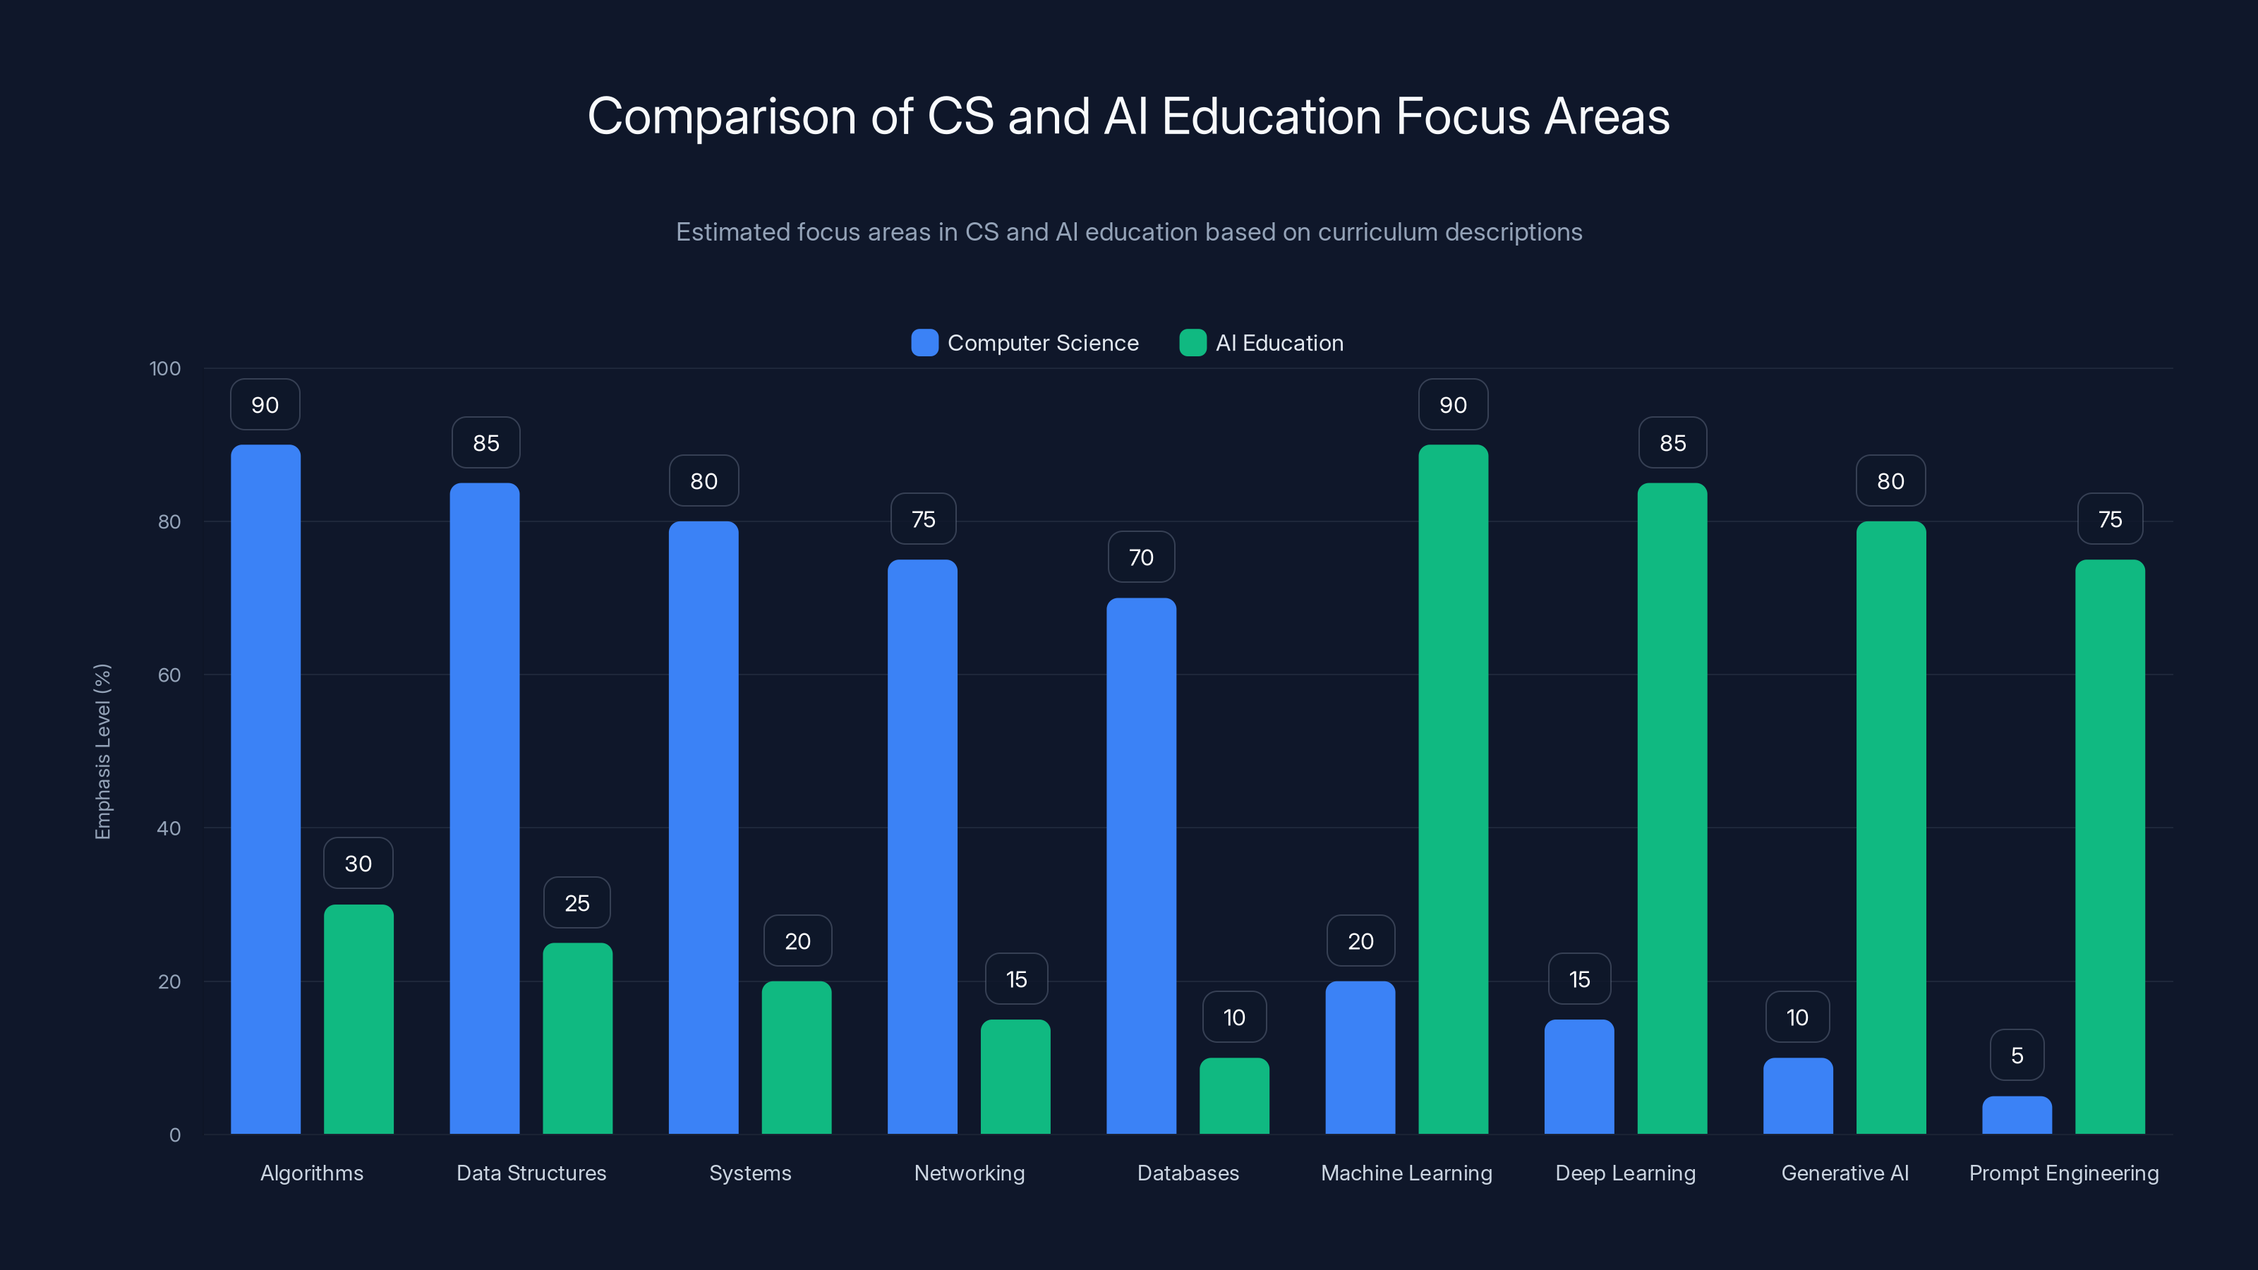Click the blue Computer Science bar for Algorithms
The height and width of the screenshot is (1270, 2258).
pyautogui.click(x=265, y=789)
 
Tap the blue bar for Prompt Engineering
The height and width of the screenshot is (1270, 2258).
pyautogui.click(x=2017, y=1115)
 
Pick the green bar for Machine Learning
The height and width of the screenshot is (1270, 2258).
pyautogui.click(x=1454, y=789)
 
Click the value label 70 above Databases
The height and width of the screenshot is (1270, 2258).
pyautogui.click(x=1141, y=557)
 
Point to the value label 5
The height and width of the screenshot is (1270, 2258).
pyautogui.click(x=2017, y=1056)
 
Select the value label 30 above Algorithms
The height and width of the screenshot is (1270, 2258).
pyautogui.click(x=358, y=864)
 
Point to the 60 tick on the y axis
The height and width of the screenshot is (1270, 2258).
pyautogui.click(x=169, y=675)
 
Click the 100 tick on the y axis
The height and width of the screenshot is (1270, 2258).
pyautogui.click(x=165, y=368)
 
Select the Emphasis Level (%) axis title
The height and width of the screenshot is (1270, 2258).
pyautogui.click(x=102, y=751)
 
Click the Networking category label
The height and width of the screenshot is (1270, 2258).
pyautogui.click(x=970, y=1173)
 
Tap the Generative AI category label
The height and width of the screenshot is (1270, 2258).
pyautogui.click(x=1845, y=1173)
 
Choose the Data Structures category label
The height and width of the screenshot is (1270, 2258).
pyautogui.click(x=531, y=1173)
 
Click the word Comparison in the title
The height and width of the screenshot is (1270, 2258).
pyautogui.click(x=721, y=116)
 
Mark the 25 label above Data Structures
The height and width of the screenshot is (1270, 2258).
pyautogui.click(x=576, y=903)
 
